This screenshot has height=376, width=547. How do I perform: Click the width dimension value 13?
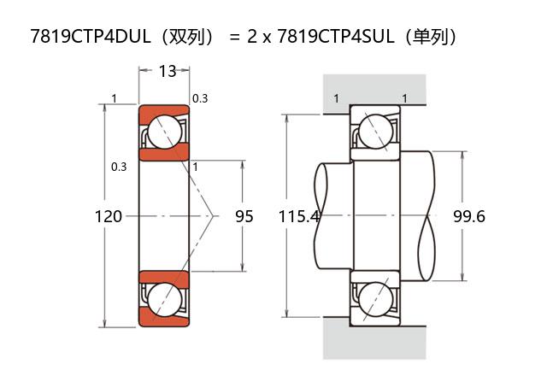(168, 71)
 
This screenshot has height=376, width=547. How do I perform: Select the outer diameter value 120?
(109, 216)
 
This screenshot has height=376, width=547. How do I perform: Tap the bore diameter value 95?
(244, 216)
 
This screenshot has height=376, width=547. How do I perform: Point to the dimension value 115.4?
(299, 216)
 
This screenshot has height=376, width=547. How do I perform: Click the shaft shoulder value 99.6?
(469, 216)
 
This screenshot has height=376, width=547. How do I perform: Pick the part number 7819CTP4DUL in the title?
(91, 36)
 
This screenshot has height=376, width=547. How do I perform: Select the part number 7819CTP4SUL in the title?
(336, 36)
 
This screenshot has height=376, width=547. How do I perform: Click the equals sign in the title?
(235, 37)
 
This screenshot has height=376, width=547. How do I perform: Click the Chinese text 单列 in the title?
(429, 36)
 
